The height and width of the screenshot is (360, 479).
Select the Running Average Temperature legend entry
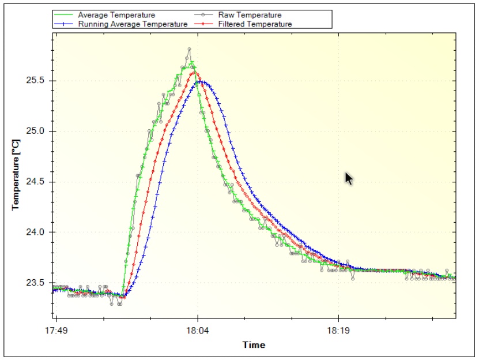click(133, 24)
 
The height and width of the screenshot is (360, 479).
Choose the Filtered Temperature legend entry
click(255, 24)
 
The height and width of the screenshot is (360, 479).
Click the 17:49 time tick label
click(56, 331)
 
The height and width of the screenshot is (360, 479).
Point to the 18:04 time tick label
click(198, 331)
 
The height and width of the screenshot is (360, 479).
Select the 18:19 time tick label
click(338, 331)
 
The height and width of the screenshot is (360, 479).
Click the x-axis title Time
click(254, 345)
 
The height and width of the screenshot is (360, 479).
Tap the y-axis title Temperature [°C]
click(16, 172)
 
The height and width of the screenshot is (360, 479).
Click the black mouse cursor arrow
click(349, 178)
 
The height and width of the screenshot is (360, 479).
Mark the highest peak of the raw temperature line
click(189, 49)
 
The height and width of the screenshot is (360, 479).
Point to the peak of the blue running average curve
click(199, 81)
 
